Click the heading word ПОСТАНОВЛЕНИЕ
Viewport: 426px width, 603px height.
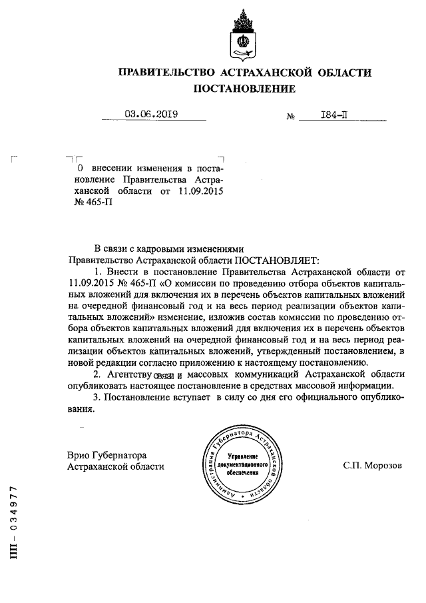tap(244, 88)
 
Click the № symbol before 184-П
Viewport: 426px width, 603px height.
tap(290, 117)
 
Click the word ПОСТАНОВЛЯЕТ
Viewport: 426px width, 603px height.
tap(277, 260)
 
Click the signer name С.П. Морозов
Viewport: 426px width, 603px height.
tap(373, 466)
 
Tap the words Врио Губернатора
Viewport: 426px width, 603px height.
tap(106, 454)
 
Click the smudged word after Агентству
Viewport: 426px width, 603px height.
tap(164, 376)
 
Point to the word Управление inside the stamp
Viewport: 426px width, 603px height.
tap(238, 454)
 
